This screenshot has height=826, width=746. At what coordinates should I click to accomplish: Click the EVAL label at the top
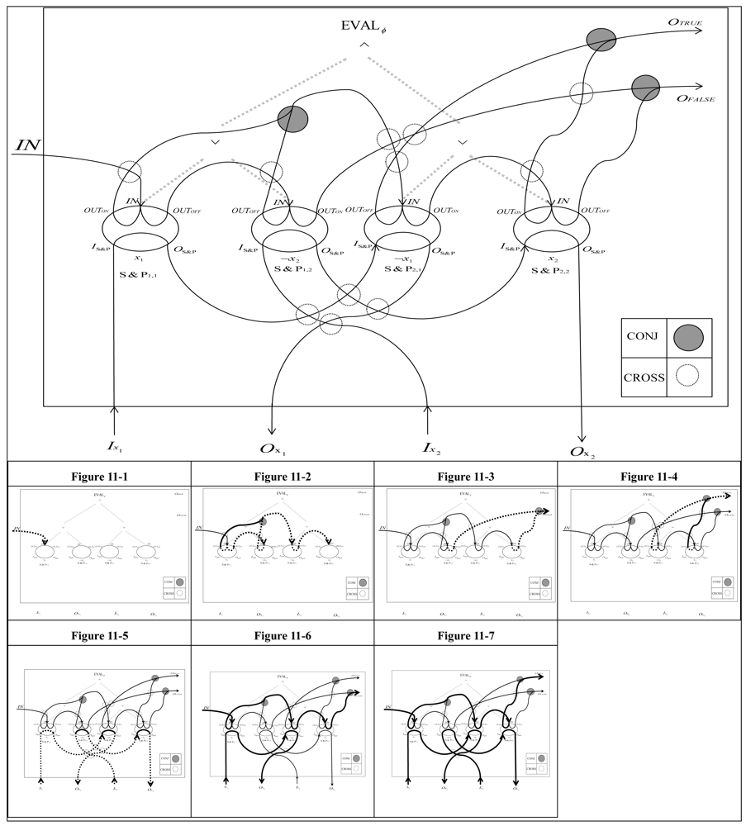coord(363,25)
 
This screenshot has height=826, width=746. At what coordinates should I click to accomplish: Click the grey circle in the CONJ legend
coord(687,337)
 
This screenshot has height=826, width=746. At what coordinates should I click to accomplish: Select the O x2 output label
coord(582,450)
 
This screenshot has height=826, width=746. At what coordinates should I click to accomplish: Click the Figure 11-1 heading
coord(100,476)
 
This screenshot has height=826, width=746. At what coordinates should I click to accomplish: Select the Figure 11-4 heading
coord(649,476)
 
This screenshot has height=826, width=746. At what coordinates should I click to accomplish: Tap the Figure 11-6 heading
coord(283,635)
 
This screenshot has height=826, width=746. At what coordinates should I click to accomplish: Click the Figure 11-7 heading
coord(466,635)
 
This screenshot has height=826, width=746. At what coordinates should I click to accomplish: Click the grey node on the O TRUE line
coord(601,38)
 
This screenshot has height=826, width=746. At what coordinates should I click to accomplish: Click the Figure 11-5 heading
coord(100,635)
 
